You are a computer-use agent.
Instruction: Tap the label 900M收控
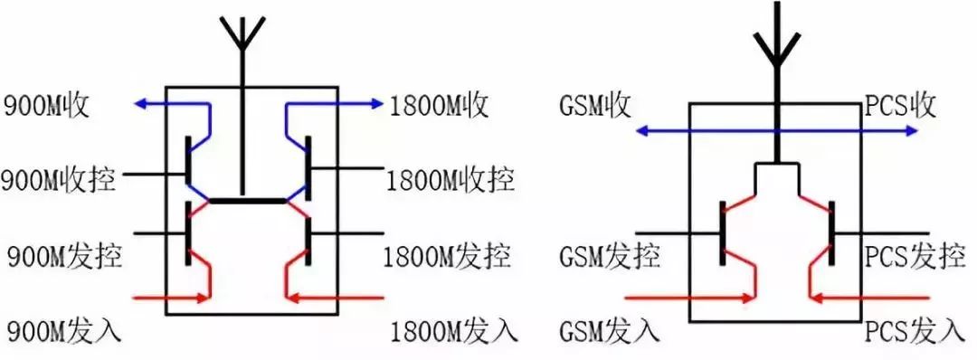point(59,180)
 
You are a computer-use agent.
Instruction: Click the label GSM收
point(593,106)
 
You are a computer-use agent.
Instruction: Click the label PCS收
point(897,106)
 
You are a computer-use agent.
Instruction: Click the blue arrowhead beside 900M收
point(141,105)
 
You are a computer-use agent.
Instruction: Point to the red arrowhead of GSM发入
point(750,297)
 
